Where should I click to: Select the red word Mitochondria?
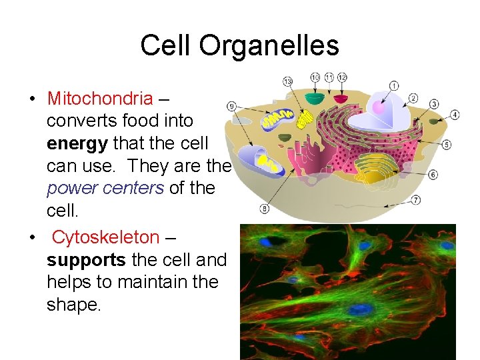tap(100, 99)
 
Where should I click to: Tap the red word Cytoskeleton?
tap(105, 237)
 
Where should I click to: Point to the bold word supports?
tap(87, 259)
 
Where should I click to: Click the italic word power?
tap(70, 188)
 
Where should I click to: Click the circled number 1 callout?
tap(394, 85)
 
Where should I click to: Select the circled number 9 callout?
tap(231, 106)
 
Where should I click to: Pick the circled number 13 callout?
tap(287, 82)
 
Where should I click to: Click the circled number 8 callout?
tap(264, 209)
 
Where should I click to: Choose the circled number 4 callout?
tap(455, 115)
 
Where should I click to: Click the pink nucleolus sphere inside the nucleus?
tap(379, 107)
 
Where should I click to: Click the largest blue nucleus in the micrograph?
tap(361, 310)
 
